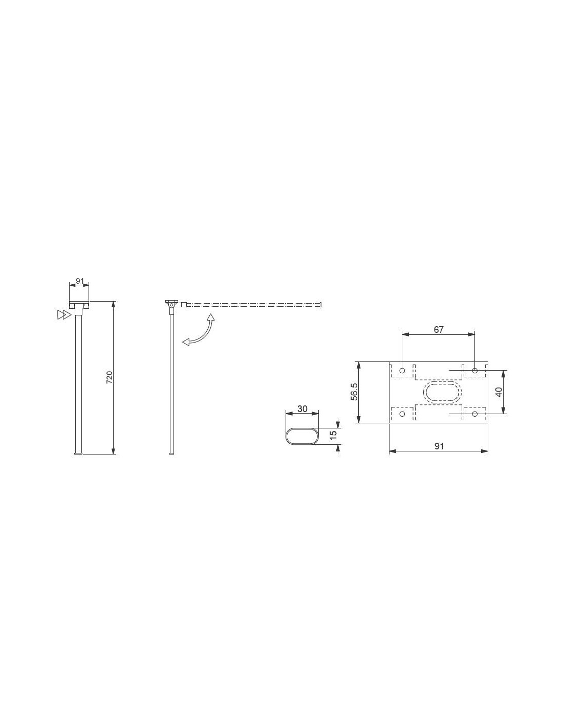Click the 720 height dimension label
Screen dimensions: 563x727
pyautogui.click(x=110, y=377)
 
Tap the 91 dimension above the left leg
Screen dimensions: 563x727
pyautogui.click(x=79, y=281)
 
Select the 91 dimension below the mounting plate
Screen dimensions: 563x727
pyautogui.click(x=439, y=446)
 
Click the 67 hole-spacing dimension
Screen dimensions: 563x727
pyautogui.click(x=439, y=330)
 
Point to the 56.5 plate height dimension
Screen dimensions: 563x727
pyautogui.click(x=354, y=392)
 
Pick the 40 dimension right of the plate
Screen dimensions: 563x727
pyautogui.click(x=499, y=392)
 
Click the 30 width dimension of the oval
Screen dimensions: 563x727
pyautogui.click(x=302, y=408)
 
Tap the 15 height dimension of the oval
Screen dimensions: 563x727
pyautogui.click(x=333, y=435)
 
